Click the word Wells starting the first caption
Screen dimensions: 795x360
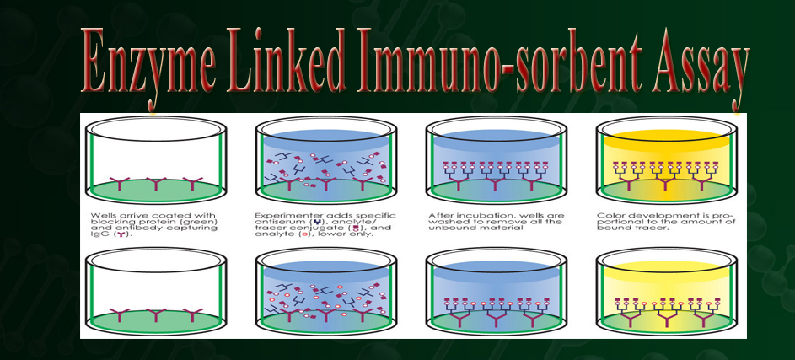click(x=103, y=215)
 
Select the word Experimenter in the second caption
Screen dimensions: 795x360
click(x=282, y=215)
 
